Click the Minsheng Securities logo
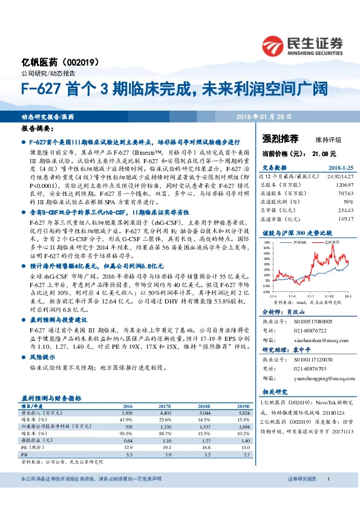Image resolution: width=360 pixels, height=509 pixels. click(x=302, y=44)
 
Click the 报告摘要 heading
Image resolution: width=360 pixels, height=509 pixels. click(x=38, y=129)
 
